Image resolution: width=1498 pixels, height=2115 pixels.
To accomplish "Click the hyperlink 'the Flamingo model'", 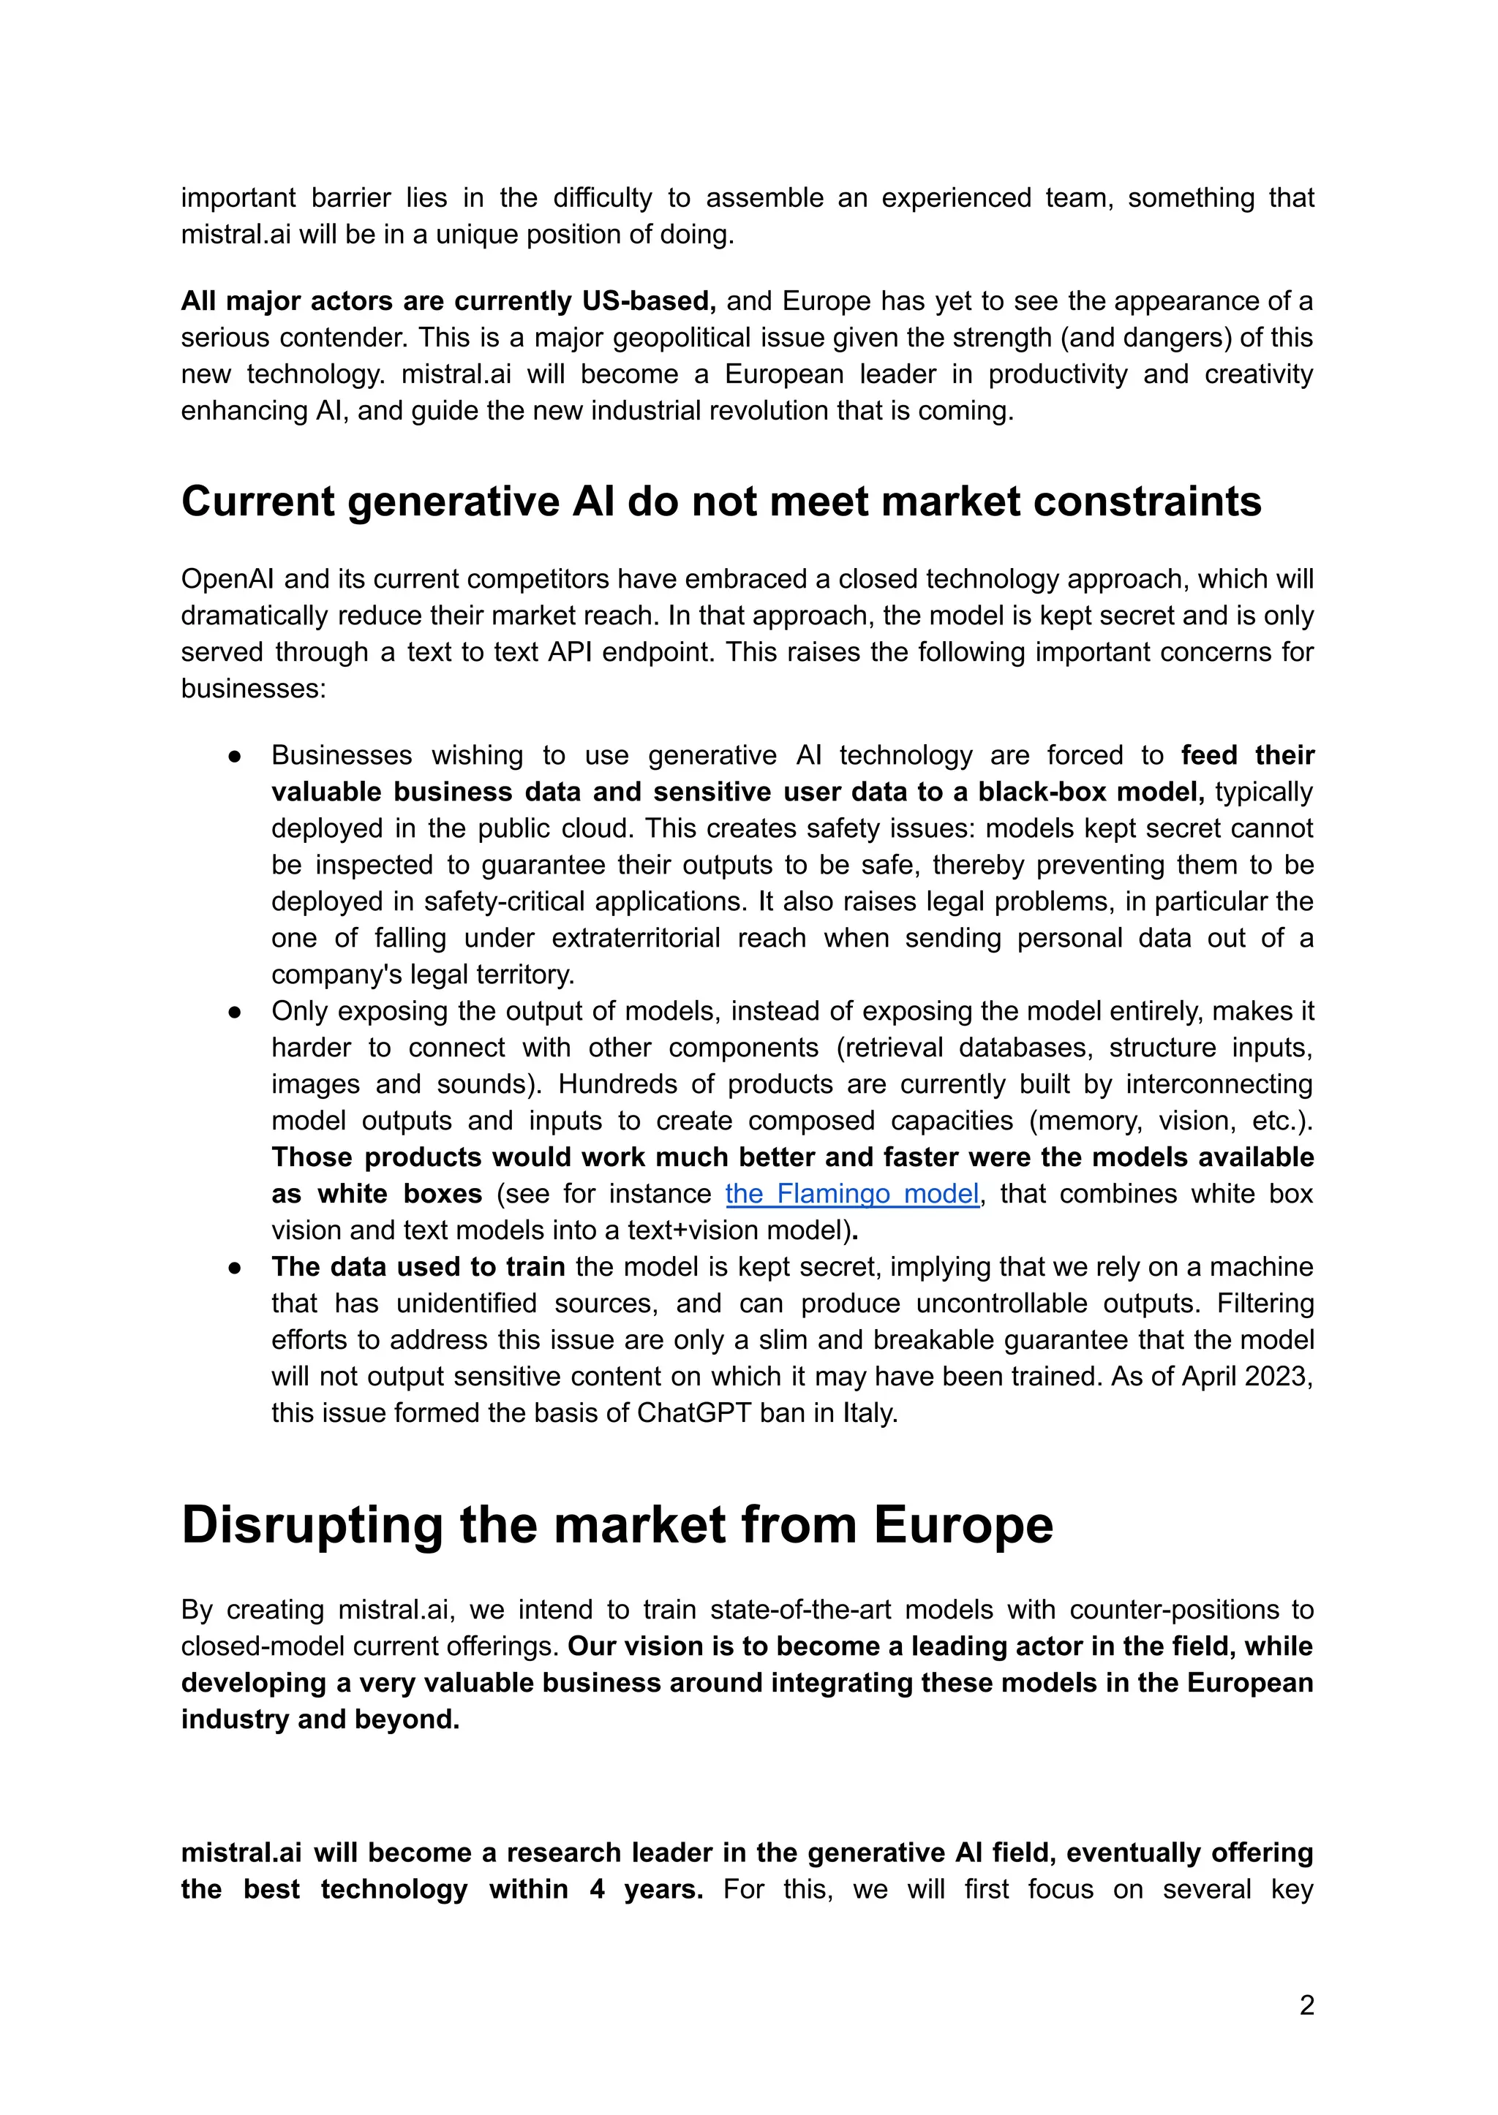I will tap(851, 1194).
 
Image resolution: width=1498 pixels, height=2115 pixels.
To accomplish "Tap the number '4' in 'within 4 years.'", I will tap(597, 1889).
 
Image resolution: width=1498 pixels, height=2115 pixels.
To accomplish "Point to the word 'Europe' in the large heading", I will tap(962, 1526).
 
